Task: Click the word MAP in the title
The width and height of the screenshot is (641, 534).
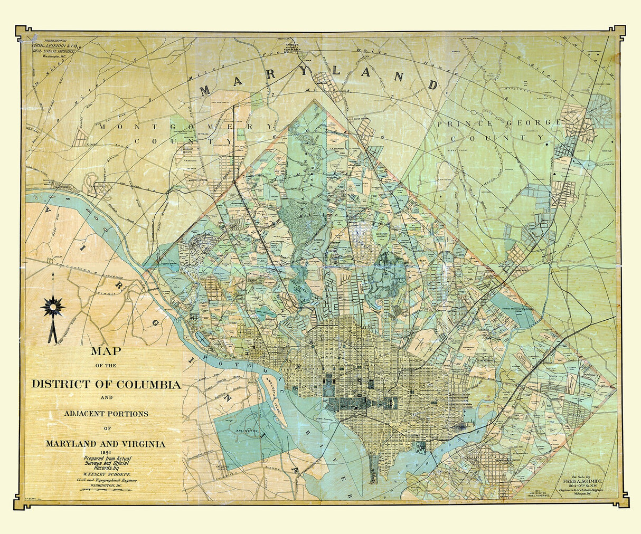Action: click(x=106, y=351)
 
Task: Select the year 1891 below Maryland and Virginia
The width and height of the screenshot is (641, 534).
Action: click(x=106, y=453)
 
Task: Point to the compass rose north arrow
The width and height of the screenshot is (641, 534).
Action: click(x=53, y=306)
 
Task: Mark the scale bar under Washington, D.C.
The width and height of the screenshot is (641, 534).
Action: click(x=106, y=490)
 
